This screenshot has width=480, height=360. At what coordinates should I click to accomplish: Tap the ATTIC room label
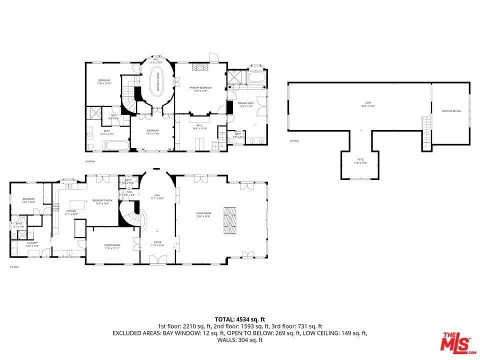pyautogui.click(x=360, y=160)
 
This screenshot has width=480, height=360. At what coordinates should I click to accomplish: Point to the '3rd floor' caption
pyautogui.click(x=294, y=141)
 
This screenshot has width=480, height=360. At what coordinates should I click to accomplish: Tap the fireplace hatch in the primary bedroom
pyautogui.click(x=200, y=67)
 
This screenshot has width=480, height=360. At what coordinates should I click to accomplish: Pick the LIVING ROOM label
pyautogui.click(x=203, y=214)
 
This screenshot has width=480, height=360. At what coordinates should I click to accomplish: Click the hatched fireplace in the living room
pyautogui.click(x=230, y=220)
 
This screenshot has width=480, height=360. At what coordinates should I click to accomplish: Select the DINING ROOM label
pyautogui.click(x=112, y=246)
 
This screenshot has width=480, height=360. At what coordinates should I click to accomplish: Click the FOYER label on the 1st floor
pyautogui.click(x=157, y=243)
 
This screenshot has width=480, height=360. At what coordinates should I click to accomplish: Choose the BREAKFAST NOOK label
pyautogui.click(x=101, y=201)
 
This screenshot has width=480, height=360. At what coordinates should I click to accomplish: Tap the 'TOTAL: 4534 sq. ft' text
pyautogui.click(x=239, y=319)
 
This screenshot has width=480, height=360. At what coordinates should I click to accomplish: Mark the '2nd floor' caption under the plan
pyautogui.click(x=90, y=161)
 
